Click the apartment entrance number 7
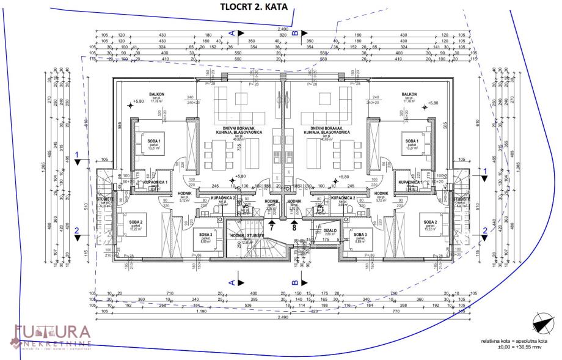point(271,227)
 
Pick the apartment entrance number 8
point(294,227)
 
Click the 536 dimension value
point(247,305)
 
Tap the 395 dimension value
point(248,299)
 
